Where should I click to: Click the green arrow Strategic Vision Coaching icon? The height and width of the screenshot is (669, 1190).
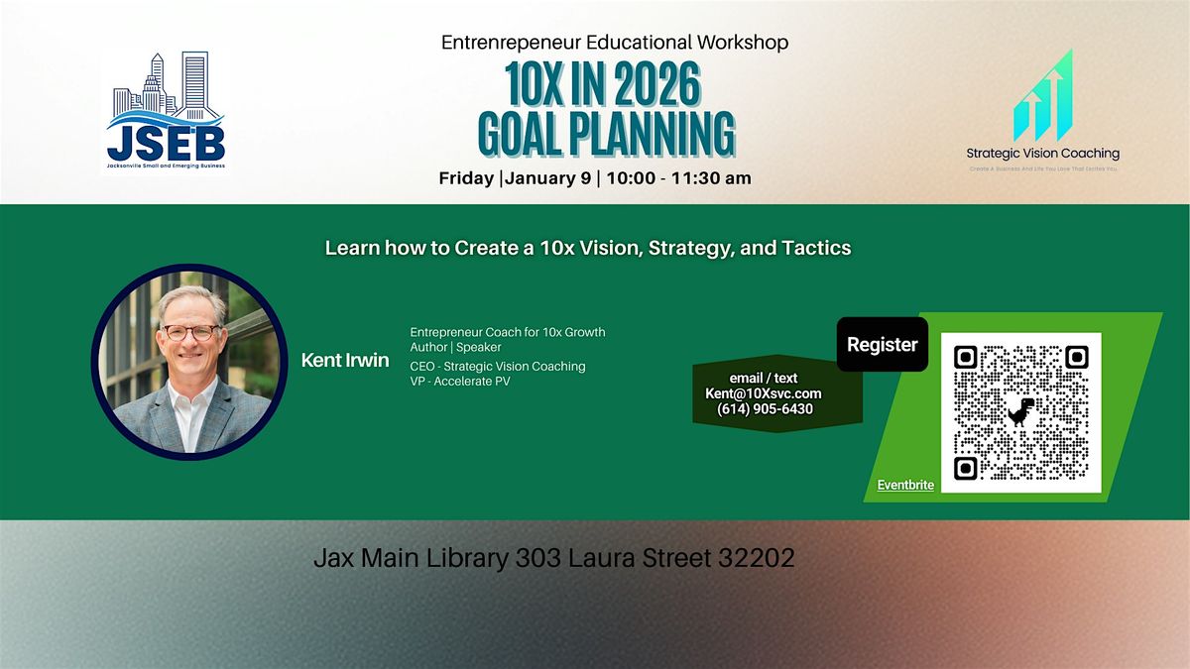pos(1042,98)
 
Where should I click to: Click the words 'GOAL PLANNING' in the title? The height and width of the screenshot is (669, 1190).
pos(606,134)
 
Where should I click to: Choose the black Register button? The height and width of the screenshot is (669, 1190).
pos(882,345)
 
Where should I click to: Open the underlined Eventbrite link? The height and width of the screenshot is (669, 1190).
pos(905,486)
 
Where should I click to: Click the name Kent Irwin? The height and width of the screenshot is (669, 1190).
pos(344,360)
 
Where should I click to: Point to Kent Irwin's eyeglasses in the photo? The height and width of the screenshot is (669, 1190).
pos(190,332)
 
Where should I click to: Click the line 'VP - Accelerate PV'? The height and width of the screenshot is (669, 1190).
pos(460,382)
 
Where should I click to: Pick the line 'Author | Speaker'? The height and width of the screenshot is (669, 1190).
pos(455,347)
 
